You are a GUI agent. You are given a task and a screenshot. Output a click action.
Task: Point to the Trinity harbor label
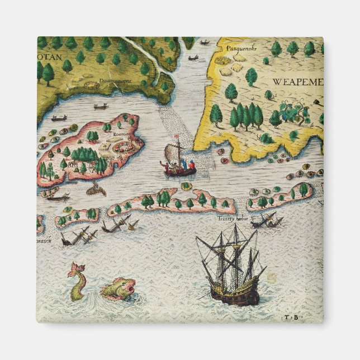pyautogui.click(x=233, y=219)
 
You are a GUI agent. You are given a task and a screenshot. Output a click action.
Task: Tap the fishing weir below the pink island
pyautogui.click(x=96, y=190)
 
